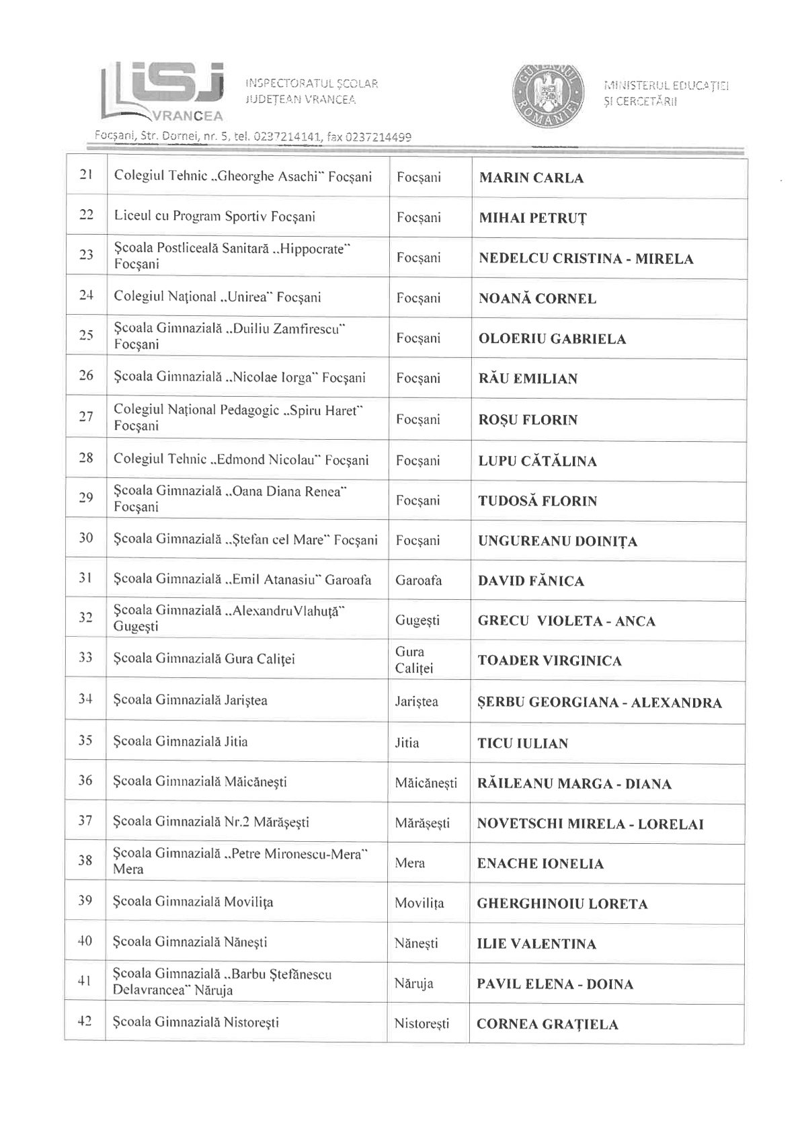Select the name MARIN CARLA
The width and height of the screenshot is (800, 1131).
click(x=531, y=178)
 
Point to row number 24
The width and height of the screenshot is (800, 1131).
click(x=86, y=296)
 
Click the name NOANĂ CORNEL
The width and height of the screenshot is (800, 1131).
click(x=537, y=299)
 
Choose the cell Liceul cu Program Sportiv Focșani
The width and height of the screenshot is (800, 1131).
click(x=214, y=217)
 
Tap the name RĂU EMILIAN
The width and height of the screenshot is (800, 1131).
click(x=528, y=379)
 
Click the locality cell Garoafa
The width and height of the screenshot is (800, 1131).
click(x=419, y=580)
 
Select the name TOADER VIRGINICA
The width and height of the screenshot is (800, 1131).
click(x=549, y=660)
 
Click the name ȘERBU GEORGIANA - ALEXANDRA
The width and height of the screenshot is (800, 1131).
click(x=600, y=703)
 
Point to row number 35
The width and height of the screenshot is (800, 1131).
click(x=85, y=742)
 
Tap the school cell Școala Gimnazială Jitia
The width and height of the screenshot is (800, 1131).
click(x=181, y=742)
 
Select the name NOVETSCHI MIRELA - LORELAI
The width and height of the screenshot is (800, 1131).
click(x=590, y=824)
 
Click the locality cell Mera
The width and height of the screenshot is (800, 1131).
click(x=410, y=863)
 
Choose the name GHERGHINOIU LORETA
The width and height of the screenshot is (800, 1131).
click(x=562, y=904)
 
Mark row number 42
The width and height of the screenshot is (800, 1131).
click(x=85, y=1023)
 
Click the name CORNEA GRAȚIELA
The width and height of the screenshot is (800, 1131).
click(x=547, y=1024)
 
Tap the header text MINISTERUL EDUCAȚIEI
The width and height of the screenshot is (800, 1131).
click(x=667, y=85)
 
